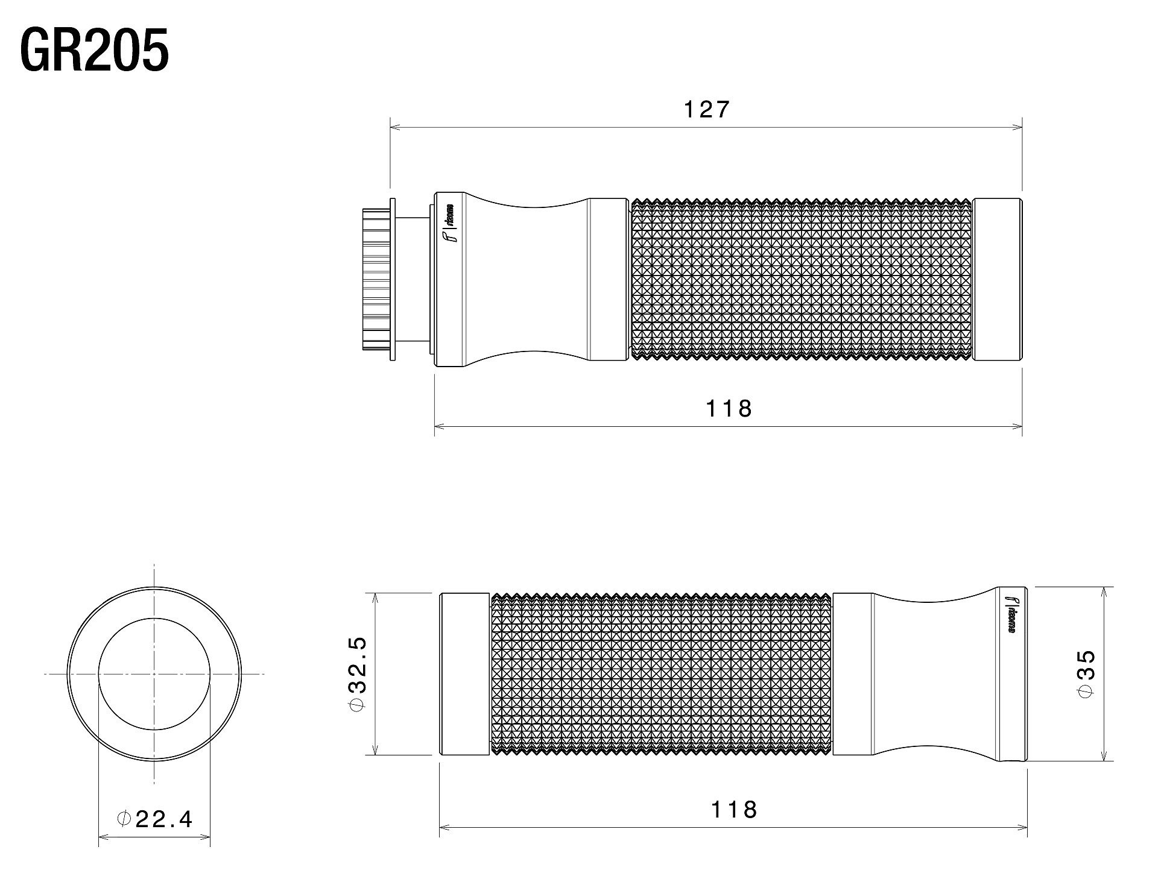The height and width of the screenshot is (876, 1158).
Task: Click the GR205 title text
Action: coord(94,51)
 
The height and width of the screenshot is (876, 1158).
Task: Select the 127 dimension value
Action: coord(706,110)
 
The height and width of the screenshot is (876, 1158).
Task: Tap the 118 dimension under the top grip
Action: coord(729,409)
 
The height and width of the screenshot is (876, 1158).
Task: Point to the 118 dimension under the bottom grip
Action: coord(733,809)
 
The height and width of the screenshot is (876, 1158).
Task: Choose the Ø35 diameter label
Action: coord(1085,673)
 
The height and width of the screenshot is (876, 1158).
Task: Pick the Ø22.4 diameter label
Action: coord(154,819)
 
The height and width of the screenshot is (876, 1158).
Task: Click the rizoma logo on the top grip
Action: coord(451,222)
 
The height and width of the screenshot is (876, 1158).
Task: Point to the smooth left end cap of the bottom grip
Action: coord(464,673)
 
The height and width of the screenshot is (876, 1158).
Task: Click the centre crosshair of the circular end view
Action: coord(154,673)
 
